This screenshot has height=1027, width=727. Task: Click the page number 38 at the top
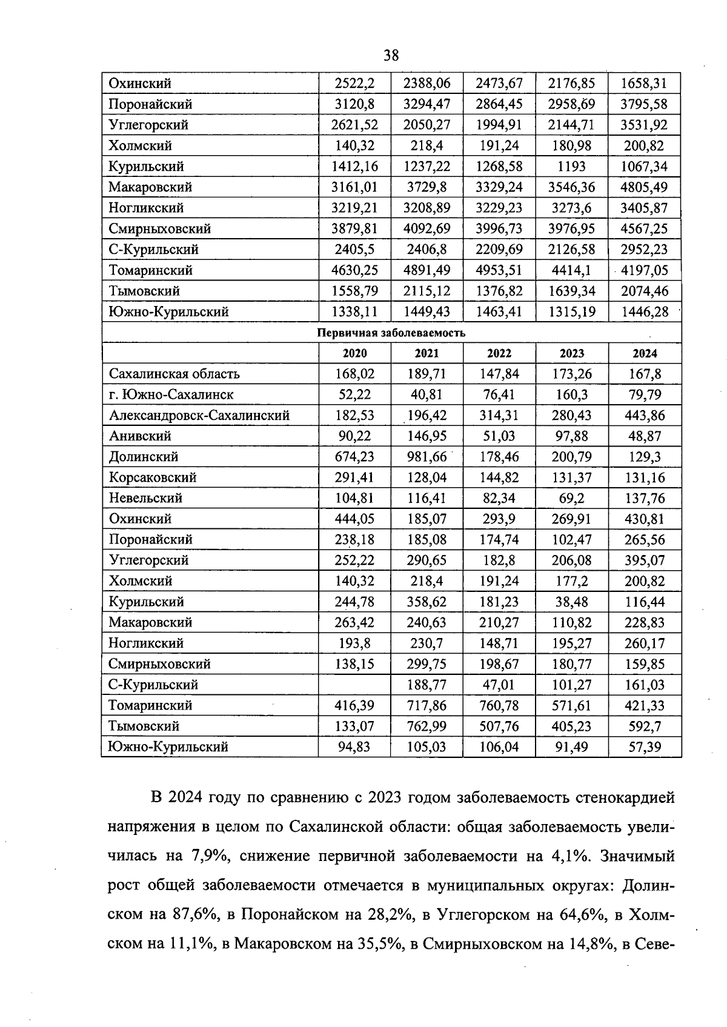pos(391,56)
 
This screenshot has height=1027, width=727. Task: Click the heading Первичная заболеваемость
pos(391,333)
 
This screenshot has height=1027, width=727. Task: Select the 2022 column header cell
pos(499,353)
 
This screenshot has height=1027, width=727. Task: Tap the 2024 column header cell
pos(645,353)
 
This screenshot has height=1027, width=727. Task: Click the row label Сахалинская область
pos(174,374)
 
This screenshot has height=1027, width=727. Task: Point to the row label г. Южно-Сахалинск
pos(171,394)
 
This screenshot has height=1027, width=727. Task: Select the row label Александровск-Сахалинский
pos(199,416)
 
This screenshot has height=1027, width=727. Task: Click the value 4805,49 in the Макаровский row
pos(644,187)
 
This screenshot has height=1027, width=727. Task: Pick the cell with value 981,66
pos(427,457)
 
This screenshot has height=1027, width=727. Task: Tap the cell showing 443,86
pos(645,416)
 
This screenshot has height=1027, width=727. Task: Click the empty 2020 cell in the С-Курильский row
pos(355,685)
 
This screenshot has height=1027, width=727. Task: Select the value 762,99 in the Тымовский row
pos(427,726)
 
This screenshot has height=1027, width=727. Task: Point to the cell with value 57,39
pos(645,747)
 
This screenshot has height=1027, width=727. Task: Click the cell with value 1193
pos(571,167)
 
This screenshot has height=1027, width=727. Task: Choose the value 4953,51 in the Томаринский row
pos(499,270)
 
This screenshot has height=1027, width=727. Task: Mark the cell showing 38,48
pos(571,602)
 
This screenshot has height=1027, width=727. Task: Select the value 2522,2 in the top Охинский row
pos(355,84)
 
